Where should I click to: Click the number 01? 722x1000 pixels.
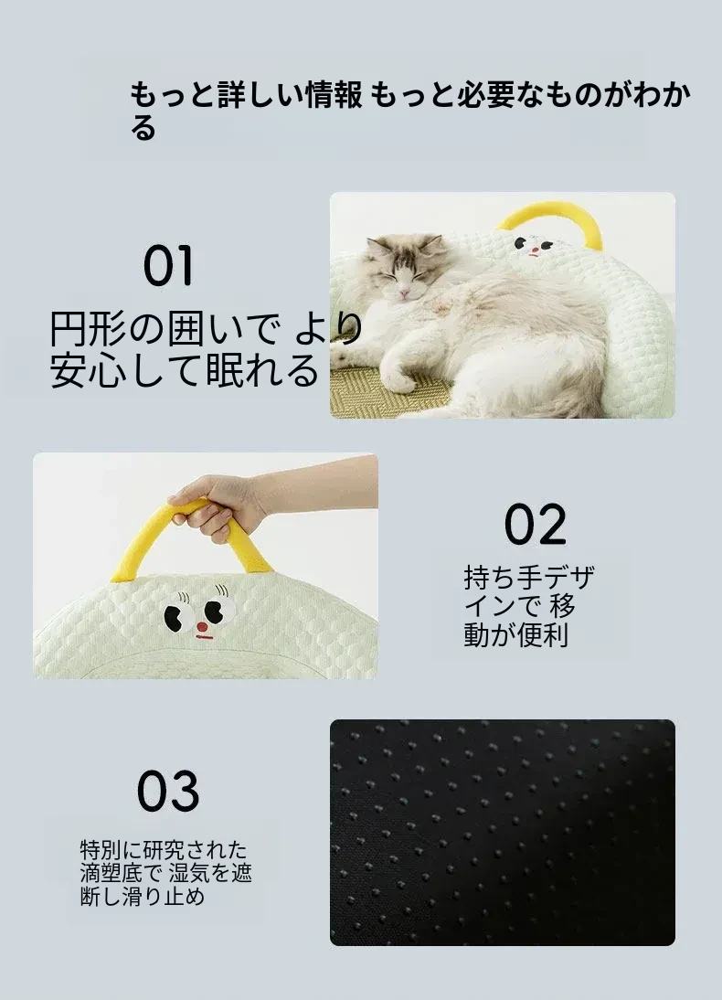[x=168, y=266]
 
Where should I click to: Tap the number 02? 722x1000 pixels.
[x=536, y=525]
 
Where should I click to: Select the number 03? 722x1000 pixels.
[x=168, y=791]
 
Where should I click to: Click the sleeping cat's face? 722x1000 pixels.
[x=403, y=275]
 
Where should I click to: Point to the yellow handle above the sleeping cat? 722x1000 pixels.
[x=550, y=224]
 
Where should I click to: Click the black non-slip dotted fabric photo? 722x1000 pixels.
[x=503, y=833]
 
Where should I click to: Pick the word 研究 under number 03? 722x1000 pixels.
[x=164, y=850]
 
